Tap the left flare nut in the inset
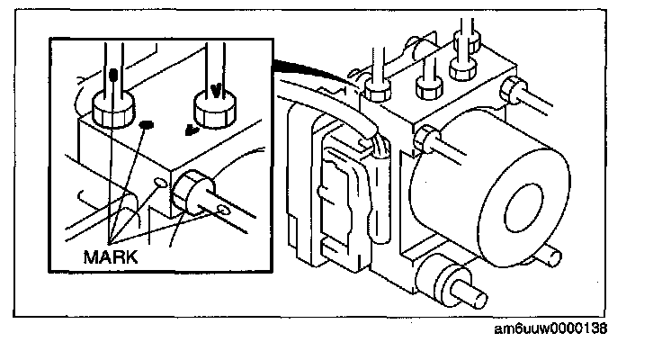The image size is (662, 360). coord(112,107)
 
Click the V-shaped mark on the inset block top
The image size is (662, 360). coord(190,129)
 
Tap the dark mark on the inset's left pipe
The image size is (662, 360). coord(112,75)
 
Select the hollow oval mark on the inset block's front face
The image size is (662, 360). coord(161,183)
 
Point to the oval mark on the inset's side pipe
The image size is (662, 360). coord(224,210)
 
